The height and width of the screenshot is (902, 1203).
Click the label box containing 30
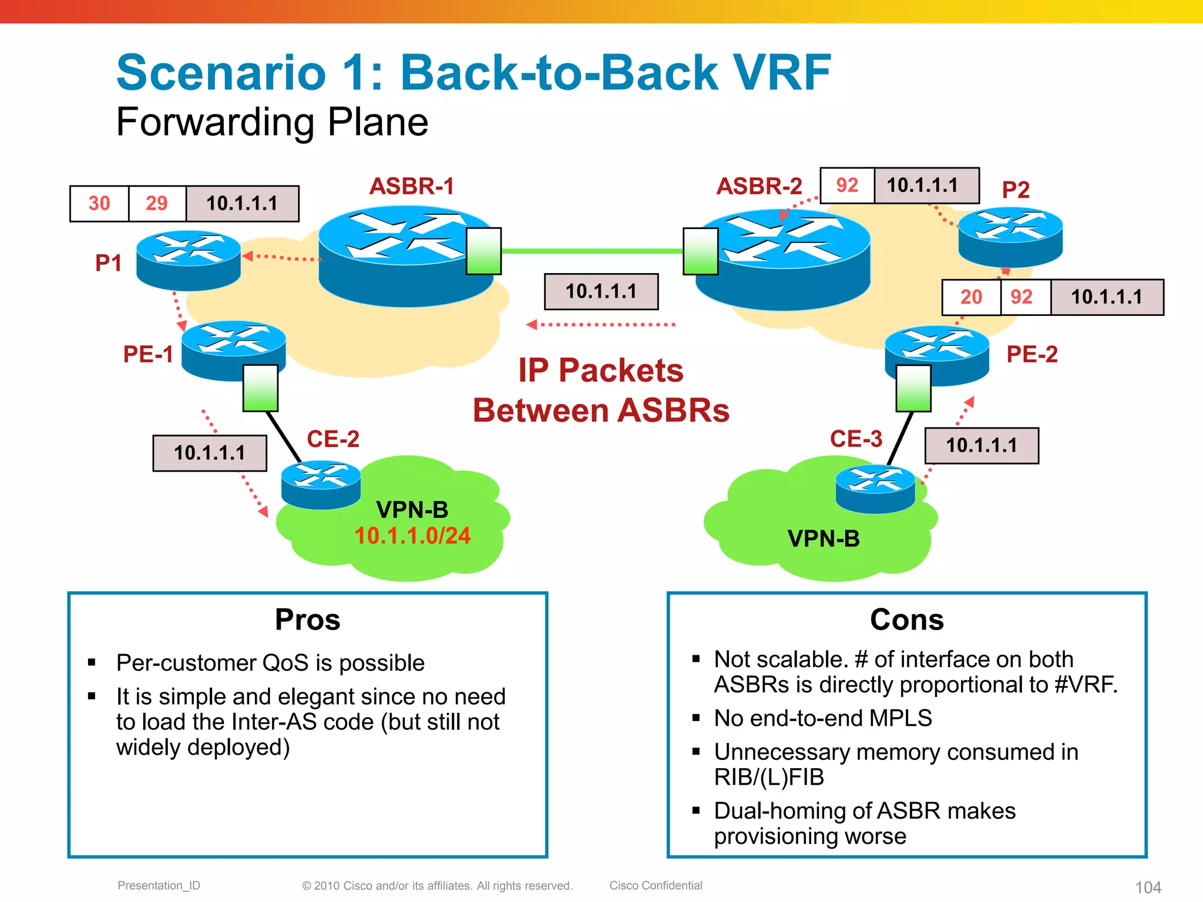point(99,204)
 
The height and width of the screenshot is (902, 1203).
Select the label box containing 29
point(157,204)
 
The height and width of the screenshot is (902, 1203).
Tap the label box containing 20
point(971,297)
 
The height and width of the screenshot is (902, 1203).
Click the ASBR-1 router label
point(411,186)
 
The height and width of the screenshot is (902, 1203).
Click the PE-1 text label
point(148,354)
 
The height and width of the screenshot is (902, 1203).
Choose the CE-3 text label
point(856,439)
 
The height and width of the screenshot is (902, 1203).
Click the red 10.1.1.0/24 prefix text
point(412,536)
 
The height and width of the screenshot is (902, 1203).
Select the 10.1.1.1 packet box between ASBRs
point(601,291)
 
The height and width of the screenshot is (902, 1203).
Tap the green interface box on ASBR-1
point(483,251)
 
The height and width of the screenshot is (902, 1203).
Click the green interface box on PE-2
point(913,388)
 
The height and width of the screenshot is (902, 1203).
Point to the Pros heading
point(307,620)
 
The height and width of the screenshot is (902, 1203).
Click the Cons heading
point(906,620)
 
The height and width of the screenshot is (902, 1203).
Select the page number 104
point(1148,887)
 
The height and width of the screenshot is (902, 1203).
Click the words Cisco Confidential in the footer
point(656,885)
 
